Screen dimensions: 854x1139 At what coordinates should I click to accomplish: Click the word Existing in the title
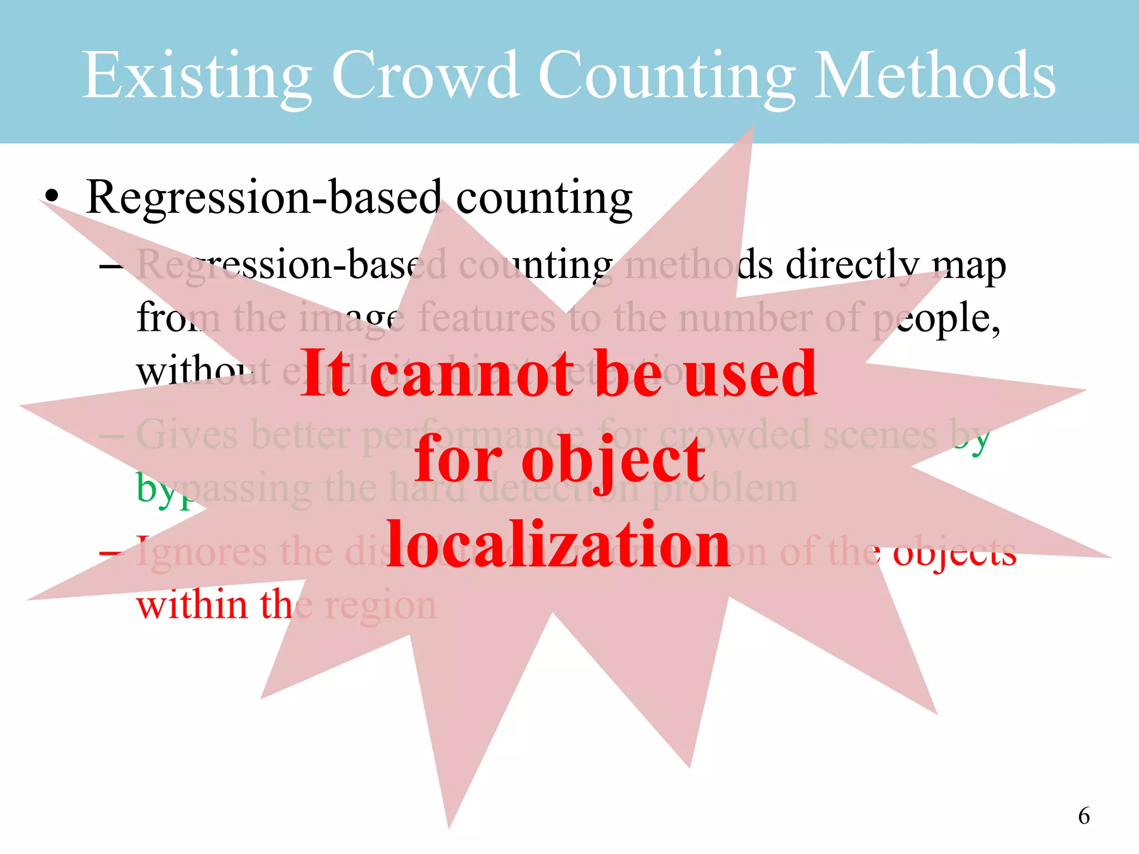point(196,75)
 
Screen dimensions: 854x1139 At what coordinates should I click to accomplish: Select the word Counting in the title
point(666,75)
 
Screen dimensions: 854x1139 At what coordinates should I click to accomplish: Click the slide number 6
point(1083,816)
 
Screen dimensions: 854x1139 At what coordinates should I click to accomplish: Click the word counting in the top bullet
point(544,198)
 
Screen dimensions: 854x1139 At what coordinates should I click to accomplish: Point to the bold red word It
point(325,374)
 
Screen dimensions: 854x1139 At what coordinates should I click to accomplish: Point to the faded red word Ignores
point(201,553)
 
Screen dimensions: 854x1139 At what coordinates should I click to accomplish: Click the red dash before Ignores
point(110,554)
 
